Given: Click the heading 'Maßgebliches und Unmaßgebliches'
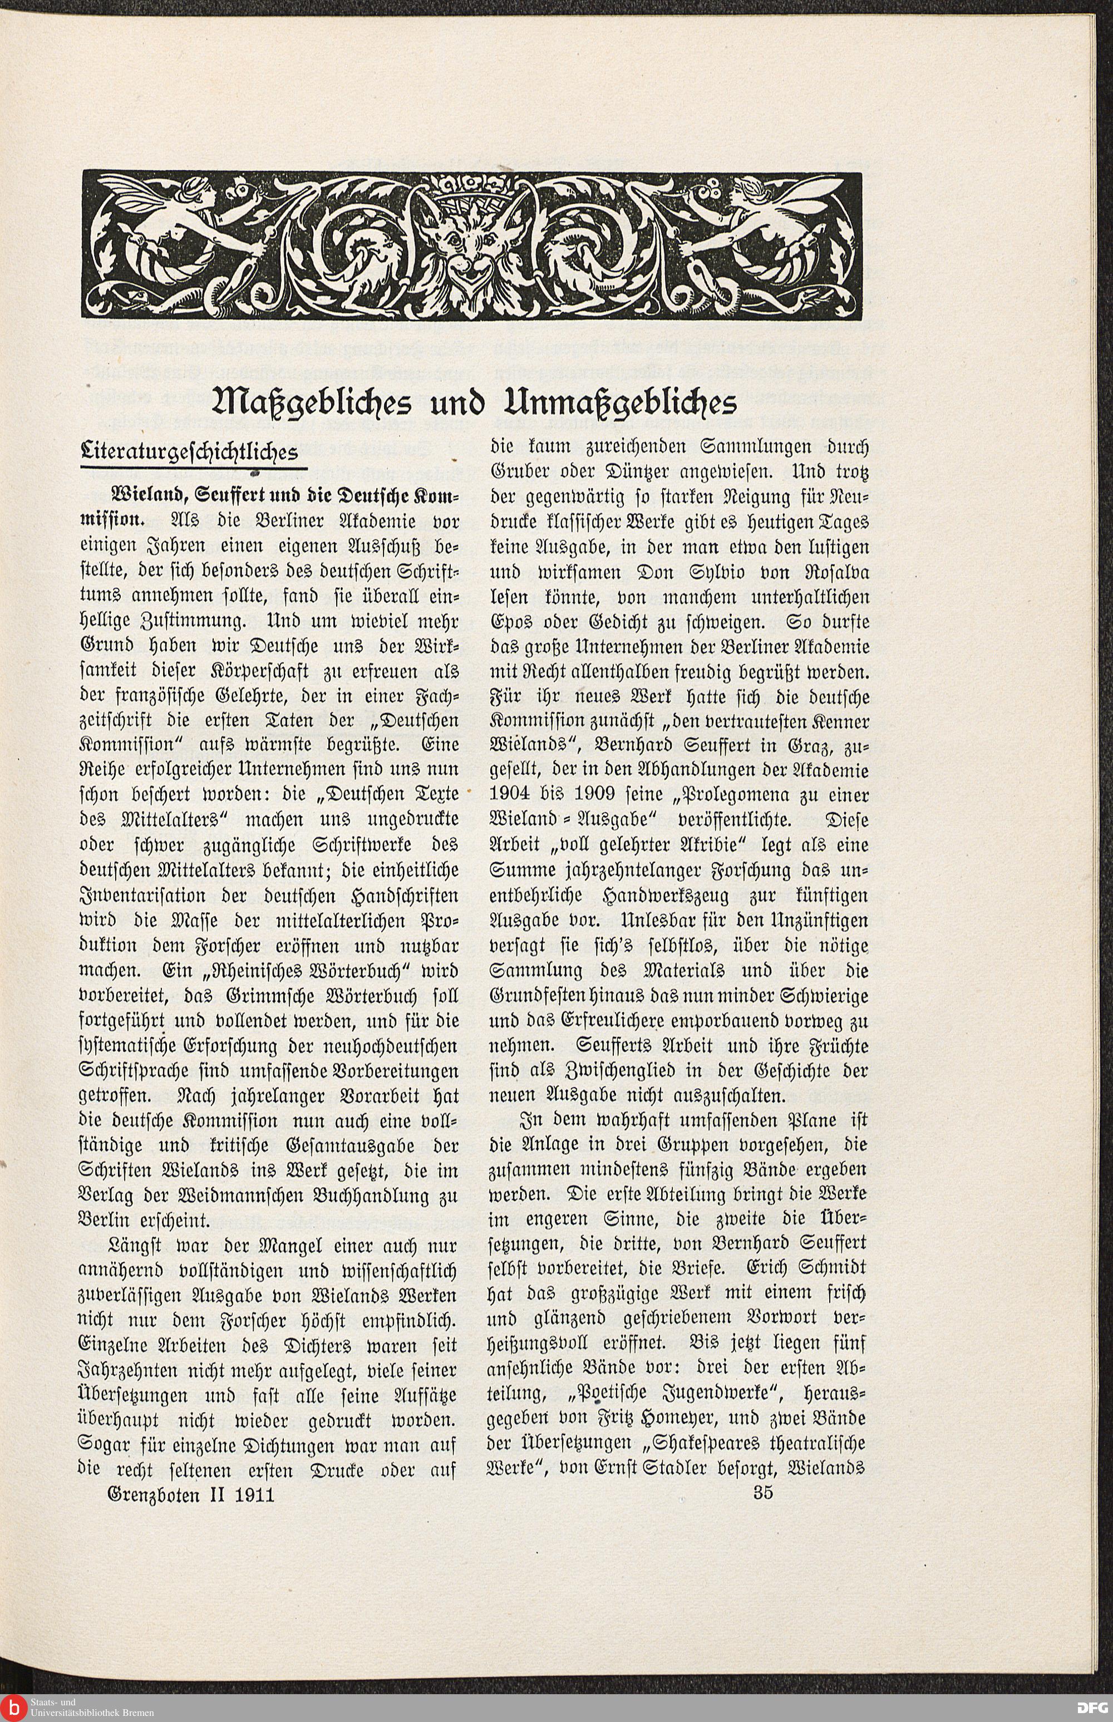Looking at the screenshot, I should tap(476, 402).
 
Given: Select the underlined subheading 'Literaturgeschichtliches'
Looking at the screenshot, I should tap(189, 452).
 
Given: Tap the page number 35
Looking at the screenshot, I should tap(762, 1492).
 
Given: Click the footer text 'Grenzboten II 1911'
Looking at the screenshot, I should tap(191, 1494).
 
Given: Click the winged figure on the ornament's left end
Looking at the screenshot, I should tap(181, 217).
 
